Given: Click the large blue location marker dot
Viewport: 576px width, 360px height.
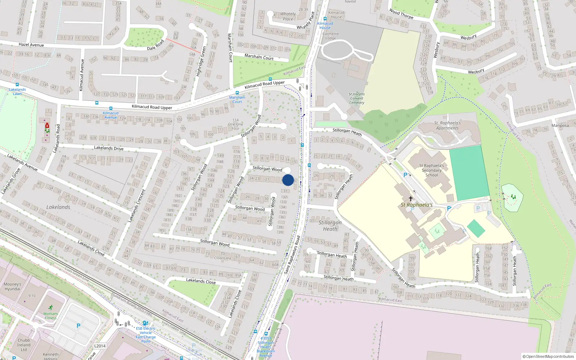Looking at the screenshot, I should tap(288, 180).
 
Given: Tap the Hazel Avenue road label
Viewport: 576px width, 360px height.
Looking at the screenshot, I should tap(31, 45).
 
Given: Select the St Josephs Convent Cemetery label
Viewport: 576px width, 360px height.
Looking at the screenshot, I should tap(356, 98).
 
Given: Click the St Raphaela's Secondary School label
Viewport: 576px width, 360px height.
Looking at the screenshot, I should tap(432, 170).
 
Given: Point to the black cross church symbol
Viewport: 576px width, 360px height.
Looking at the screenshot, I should tap(410, 198).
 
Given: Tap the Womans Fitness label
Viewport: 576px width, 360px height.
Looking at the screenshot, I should tap(50, 316).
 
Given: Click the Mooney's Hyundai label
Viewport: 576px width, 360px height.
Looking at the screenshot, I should tap(12, 287).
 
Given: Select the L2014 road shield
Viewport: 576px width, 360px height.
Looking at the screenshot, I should tap(100, 346).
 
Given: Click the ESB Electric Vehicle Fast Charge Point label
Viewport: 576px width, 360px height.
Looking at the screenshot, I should tap(146, 335).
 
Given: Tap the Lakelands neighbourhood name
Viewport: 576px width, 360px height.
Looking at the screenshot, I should tap(58, 207).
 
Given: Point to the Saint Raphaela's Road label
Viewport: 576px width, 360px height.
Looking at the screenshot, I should tap(292, 255).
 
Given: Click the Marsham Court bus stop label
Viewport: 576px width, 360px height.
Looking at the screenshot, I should tap(237, 99).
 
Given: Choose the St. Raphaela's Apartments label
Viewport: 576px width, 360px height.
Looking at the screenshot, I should tap(447, 125).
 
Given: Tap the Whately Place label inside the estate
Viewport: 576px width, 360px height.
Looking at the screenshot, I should tap(288, 17).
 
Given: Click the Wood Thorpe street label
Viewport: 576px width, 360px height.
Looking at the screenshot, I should tap(401, 14).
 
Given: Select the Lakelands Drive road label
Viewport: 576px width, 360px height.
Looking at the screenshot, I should tap(109, 148).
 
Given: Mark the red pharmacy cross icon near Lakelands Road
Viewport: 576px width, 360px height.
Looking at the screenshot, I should tap(47, 126).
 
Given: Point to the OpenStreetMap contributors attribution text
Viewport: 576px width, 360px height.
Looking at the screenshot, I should tap(548, 356).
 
